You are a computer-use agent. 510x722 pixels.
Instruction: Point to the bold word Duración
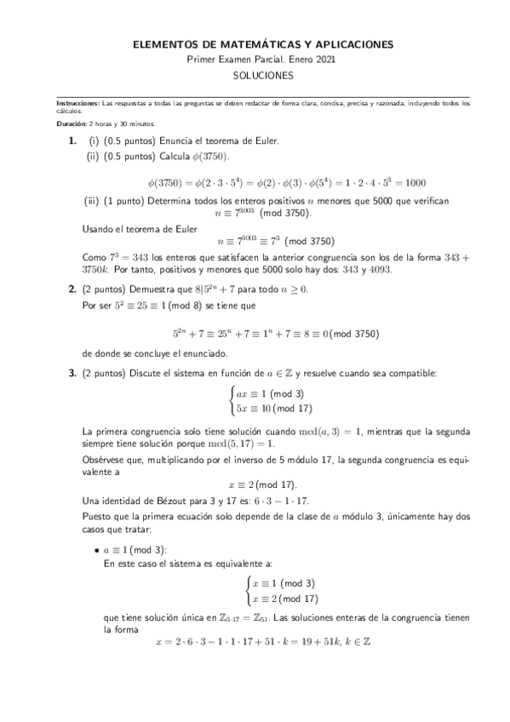tap(68, 123)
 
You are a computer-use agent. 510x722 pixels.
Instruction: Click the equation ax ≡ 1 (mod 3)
tap(271, 393)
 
